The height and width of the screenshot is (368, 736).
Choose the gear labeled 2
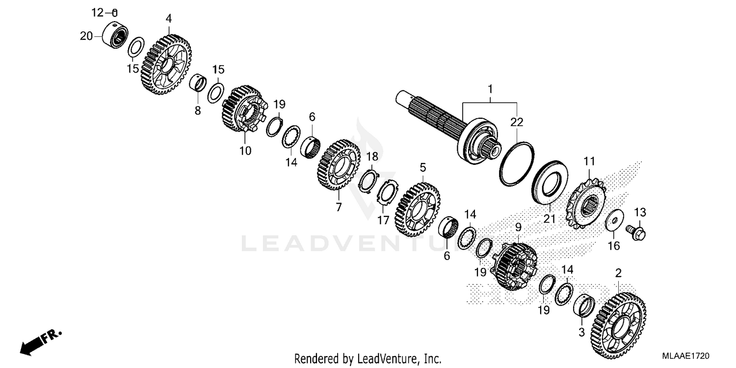(x=619, y=324)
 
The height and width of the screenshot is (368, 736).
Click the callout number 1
(x=489, y=89)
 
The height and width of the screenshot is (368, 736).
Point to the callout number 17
(x=383, y=221)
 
